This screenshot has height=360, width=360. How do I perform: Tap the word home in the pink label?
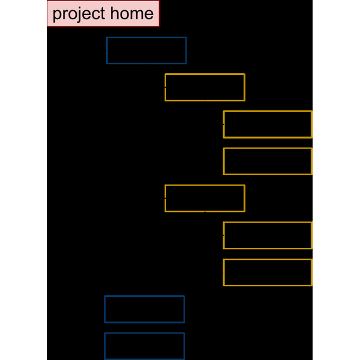click(x=132, y=13)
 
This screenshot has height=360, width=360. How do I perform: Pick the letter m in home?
click(x=136, y=14)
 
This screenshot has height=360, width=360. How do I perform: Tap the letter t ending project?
click(x=103, y=14)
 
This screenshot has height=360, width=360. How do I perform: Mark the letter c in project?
click(x=95, y=14)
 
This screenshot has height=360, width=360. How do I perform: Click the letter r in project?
click(x=64, y=14)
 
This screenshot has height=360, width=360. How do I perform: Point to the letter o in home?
click(x=124, y=14)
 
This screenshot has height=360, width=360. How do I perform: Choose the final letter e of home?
click(x=149, y=14)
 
